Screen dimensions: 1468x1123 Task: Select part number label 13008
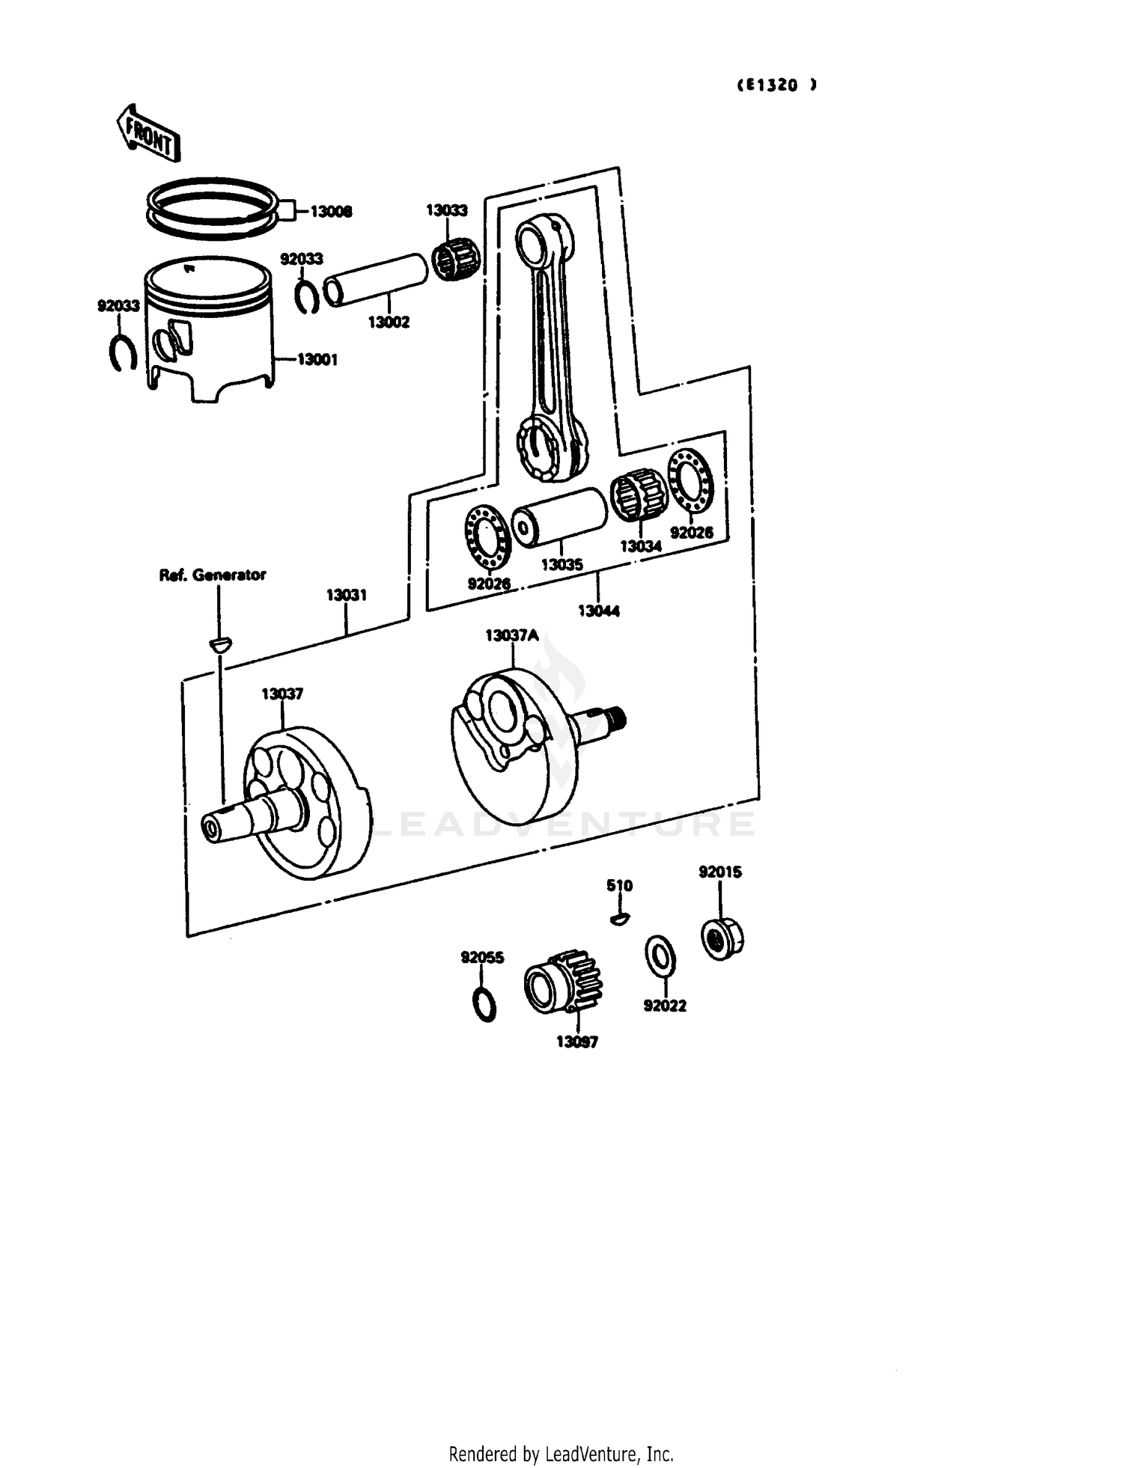tap(331, 212)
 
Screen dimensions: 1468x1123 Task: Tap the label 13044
tap(598, 611)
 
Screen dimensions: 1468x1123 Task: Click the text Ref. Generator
tap(213, 575)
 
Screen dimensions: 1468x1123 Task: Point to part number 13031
tap(346, 596)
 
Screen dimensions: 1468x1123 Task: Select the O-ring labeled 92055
tap(485, 1004)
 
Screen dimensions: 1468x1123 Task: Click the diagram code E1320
tap(776, 85)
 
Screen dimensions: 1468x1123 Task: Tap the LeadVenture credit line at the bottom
tap(561, 1454)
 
